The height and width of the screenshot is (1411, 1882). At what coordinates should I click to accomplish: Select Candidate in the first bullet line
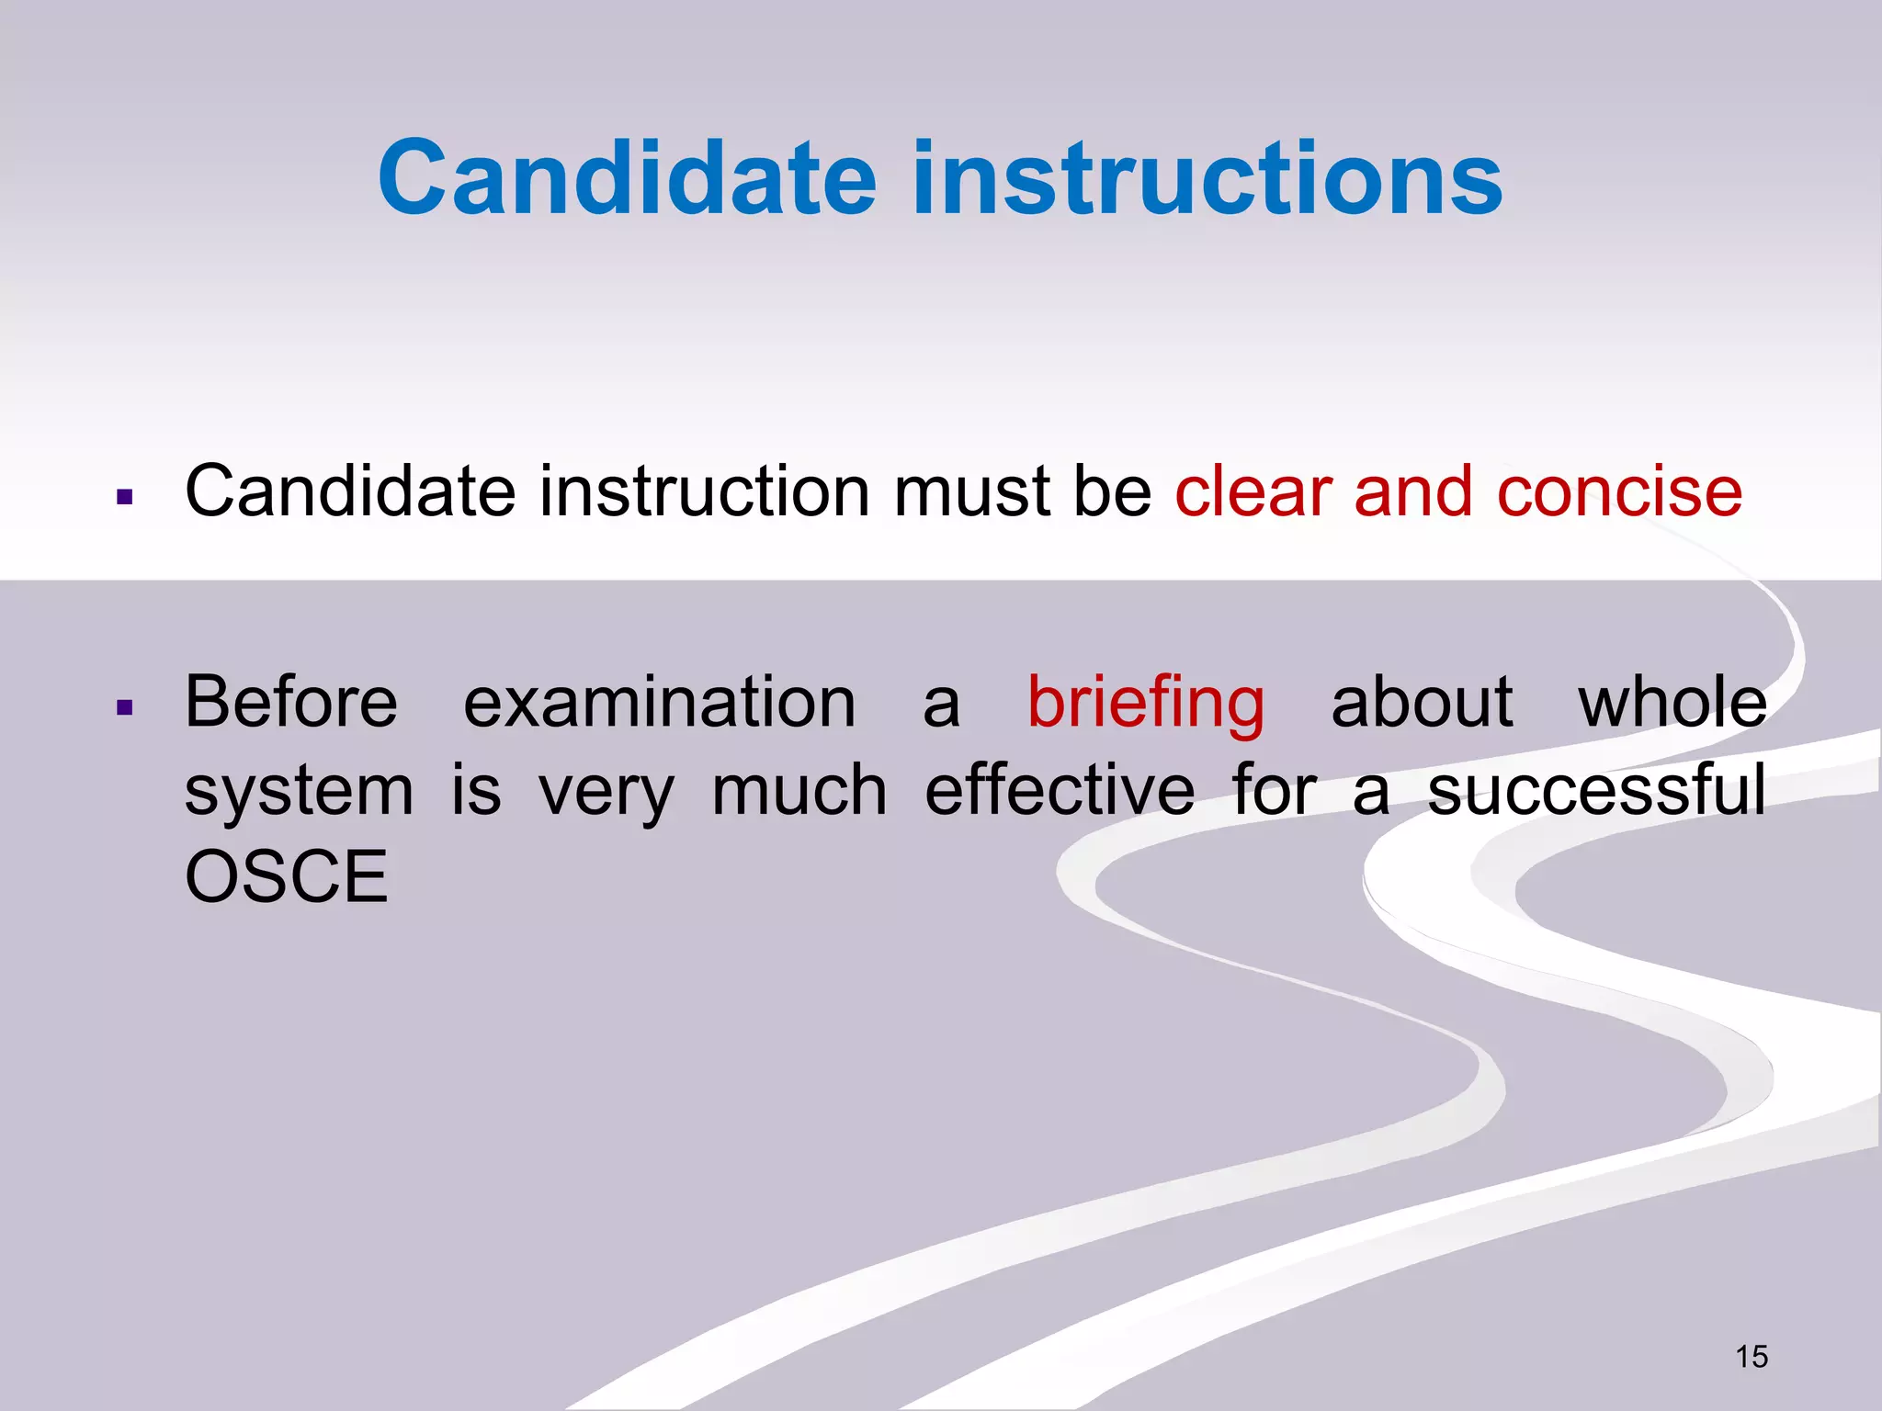[350, 491]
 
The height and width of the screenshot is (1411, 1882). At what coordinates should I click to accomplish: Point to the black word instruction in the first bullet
[704, 491]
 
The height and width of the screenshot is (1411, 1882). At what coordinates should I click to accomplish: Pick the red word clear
[1253, 491]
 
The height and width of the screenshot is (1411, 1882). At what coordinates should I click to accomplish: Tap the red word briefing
[1145, 704]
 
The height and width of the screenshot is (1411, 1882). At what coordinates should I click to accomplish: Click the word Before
[291, 702]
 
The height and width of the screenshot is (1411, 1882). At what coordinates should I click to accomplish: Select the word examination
[659, 702]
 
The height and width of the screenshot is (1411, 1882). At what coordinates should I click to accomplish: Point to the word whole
[1672, 702]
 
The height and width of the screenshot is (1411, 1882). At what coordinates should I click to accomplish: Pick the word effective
[1060, 790]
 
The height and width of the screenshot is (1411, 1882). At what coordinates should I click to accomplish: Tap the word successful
[1596, 790]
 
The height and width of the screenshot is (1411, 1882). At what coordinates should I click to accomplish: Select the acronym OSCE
[287, 876]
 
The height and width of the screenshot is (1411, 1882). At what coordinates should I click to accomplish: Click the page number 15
[1752, 1357]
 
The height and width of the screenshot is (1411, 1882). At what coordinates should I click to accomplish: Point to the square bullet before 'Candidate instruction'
[126, 498]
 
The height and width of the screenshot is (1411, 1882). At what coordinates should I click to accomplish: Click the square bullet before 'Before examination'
[126, 708]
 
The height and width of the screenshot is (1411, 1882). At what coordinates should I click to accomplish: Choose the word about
[1422, 702]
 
